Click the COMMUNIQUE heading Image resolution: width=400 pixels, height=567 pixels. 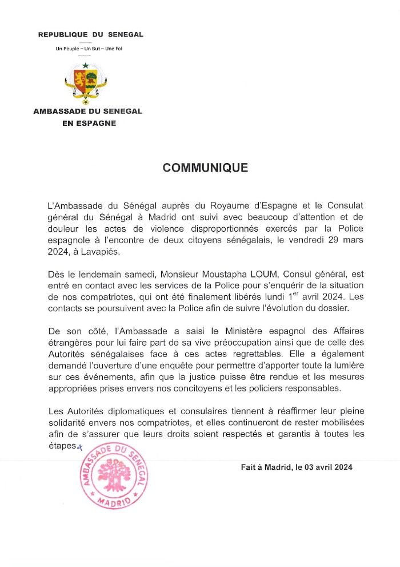[205, 168]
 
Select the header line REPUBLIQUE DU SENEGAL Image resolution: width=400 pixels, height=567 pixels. [91, 35]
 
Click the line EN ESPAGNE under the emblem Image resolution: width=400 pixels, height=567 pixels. [89, 122]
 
